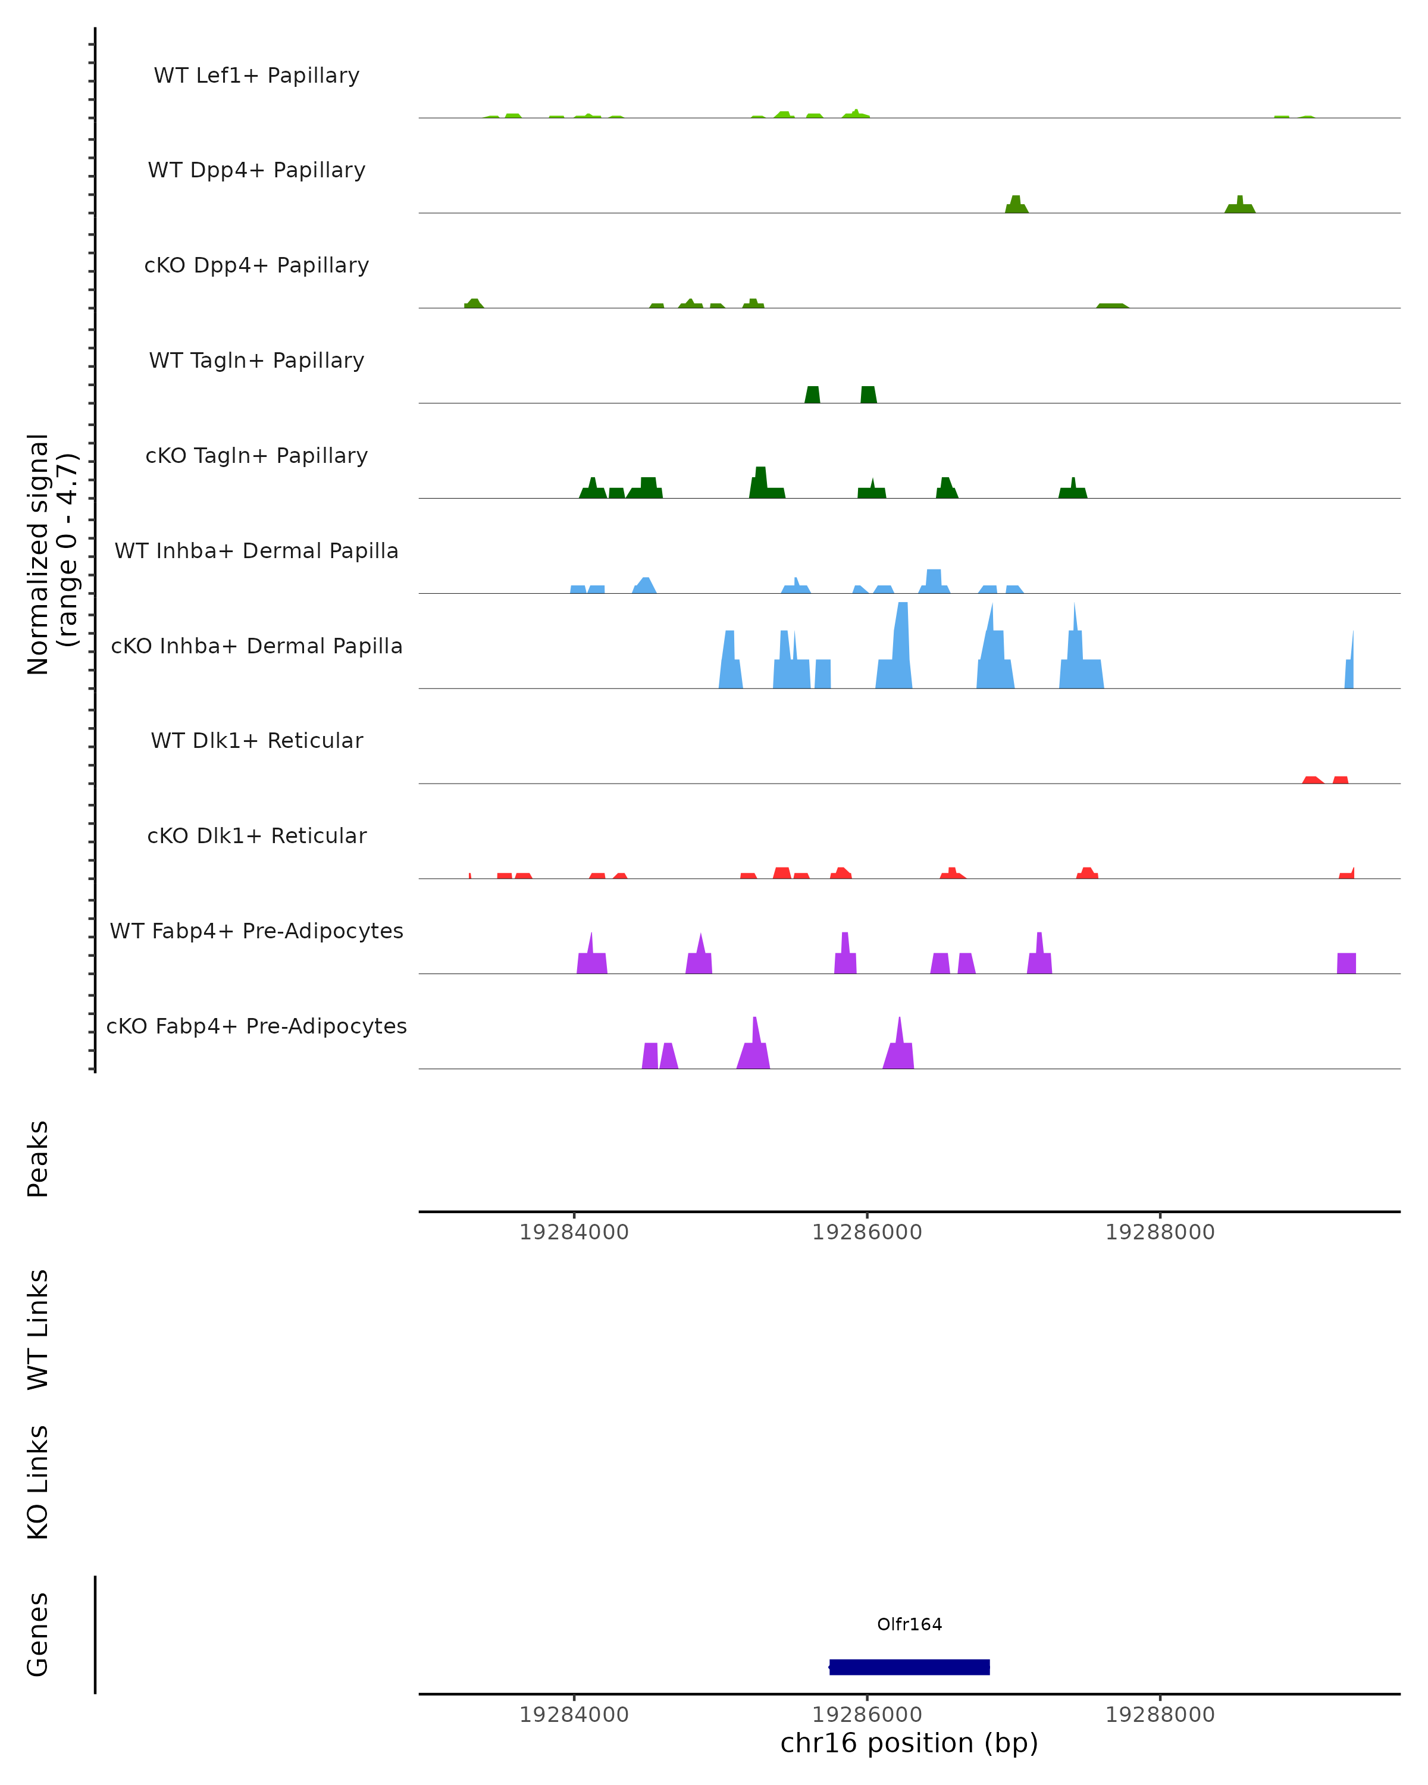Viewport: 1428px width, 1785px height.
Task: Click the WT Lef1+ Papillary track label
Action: tap(256, 76)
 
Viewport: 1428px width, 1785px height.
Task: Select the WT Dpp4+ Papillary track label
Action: tap(256, 171)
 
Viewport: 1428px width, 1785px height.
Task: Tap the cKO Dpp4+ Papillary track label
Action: tap(256, 266)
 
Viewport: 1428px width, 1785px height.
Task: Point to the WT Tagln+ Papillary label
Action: tap(256, 361)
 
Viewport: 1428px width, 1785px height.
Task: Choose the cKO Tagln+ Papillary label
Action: tap(256, 456)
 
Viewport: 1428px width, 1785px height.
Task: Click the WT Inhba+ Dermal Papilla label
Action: tap(256, 552)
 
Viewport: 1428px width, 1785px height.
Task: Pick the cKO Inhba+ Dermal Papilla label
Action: tap(256, 647)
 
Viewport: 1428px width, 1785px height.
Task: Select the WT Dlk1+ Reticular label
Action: tap(256, 741)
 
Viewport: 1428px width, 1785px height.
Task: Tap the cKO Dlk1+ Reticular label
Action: tap(256, 836)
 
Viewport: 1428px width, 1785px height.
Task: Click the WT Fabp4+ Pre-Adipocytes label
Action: tap(256, 931)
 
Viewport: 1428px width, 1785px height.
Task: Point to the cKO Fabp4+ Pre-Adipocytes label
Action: tap(256, 1026)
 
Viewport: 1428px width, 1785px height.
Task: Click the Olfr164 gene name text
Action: tap(909, 1624)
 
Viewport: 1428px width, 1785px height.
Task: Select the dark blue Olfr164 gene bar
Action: tap(909, 1667)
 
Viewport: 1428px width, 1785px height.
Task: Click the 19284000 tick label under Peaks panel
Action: tap(574, 1232)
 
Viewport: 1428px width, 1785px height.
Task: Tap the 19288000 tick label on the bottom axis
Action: tap(1160, 1715)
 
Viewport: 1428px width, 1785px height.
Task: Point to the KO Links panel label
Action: tap(38, 1482)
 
